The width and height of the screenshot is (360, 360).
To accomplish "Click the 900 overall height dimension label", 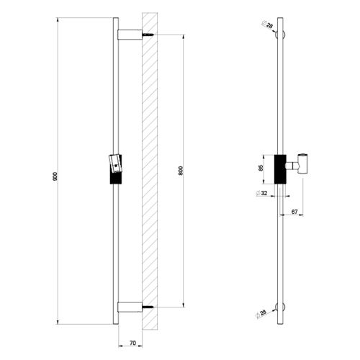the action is tap(55, 176).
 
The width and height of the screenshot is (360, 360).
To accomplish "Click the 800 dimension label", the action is tap(181, 171).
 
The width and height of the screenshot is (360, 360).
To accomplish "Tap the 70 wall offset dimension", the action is tap(132, 343).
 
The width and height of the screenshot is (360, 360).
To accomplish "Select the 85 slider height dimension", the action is tap(261, 167).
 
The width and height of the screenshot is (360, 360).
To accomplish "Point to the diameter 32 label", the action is tap(261, 193).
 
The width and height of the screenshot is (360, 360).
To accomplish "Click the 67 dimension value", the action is tap(294, 212).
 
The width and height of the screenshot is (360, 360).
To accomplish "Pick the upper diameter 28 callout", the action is tap(267, 24).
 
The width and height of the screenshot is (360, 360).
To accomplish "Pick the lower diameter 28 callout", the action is tap(261, 314).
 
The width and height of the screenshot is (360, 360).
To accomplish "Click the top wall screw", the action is tap(148, 35).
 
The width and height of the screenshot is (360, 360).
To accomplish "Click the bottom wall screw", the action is tap(148, 307).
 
